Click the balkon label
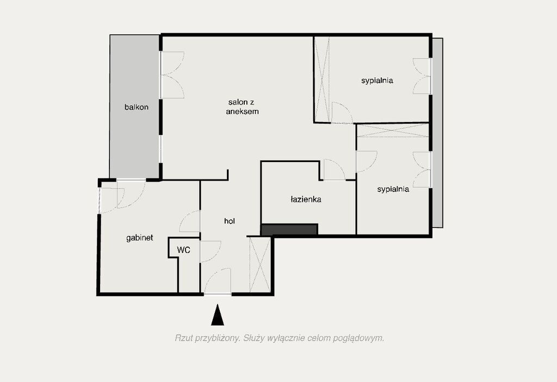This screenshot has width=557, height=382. (x=137, y=107)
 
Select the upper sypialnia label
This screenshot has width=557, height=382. (x=377, y=81)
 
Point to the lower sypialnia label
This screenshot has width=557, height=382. (x=393, y=189)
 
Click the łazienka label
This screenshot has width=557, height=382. (x=306, y=199)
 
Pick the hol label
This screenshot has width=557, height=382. (x=230, y=221)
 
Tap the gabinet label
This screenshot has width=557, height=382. (x=140, y=238)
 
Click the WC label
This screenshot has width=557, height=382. (x=184, y=250)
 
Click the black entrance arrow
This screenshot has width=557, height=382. (x=218, y=315)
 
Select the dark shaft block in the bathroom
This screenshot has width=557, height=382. (x=289, y=230)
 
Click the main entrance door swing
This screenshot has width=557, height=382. (x=218, y=281)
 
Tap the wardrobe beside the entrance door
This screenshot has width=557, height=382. (x=260, y=265)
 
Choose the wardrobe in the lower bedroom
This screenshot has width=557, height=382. (x=393, y=131)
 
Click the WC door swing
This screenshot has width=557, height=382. (x=211, y=251)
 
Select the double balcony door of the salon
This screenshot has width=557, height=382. (x=172, y=75)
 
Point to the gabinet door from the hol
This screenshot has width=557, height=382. (x=190, y=221)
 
